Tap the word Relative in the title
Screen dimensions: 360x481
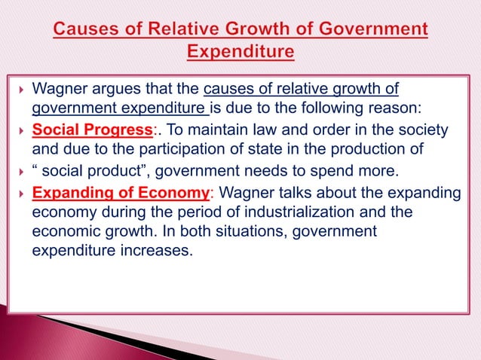pyautogui.click(x=188, y=32)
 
